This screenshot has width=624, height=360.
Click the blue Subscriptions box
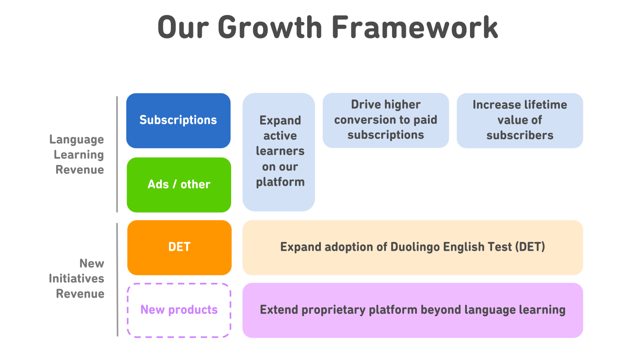pyautogui.click(x=178, y=120)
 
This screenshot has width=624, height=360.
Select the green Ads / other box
pyautogui.click(x=179, y=184)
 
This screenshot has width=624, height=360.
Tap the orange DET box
pyautogui.click(x=179, y=247)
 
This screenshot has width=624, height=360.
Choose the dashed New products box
pyautogui.click(x=179, y=310)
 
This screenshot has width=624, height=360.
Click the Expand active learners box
pyautogui.click(x=279, y=151)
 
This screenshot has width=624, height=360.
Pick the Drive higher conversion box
pyautogui.click(x=385, y=120)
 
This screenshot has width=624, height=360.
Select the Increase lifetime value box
pyautogui.click(x=520, y=120)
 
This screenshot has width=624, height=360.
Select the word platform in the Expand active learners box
pyautogui.click(x=280, y=182)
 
